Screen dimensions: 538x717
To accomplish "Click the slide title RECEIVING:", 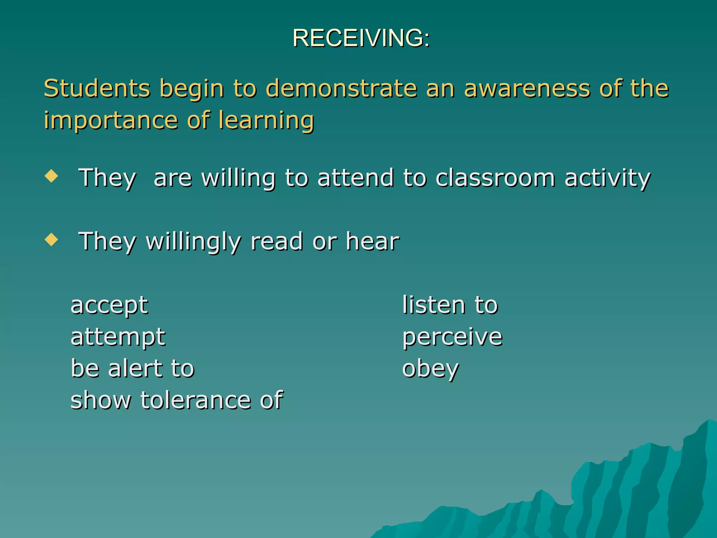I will click(361, 37).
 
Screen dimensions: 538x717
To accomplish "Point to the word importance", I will click(110, 120).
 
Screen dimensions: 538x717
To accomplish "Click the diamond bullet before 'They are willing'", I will click(51, 176).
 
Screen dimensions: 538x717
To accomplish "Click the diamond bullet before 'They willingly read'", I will click(51, 240).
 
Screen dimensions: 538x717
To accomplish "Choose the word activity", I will click(607, 178).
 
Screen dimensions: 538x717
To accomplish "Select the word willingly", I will click(193, 242).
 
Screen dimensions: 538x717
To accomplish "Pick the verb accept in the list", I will click(109, 305).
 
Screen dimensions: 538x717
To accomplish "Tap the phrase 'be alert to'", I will click(132, 368).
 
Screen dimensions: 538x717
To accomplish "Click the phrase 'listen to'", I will click(450, 305).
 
